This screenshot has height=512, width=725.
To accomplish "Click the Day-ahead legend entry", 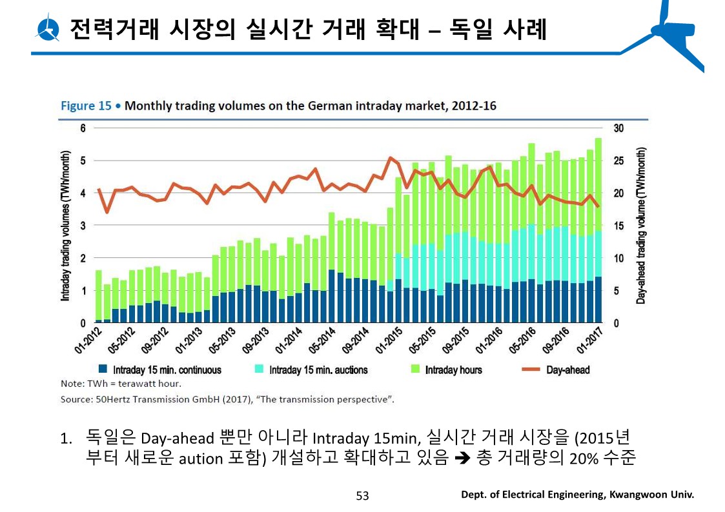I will click(567, 370).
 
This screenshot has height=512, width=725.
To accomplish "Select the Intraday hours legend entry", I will click(453, 370).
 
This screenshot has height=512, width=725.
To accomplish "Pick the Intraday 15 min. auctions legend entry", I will click(318, 370).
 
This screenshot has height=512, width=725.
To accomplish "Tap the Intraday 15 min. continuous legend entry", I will click(167, 370).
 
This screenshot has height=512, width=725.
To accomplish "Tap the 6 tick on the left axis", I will click(83, 128).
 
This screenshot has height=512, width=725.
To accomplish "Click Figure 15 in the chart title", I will click(87, 106).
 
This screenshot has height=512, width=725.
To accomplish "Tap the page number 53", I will click(362, 495).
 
